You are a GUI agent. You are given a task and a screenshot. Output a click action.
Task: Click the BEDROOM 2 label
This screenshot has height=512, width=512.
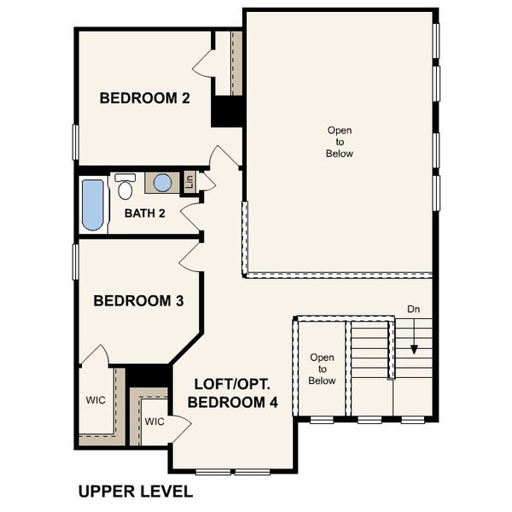click(x=144, y=98)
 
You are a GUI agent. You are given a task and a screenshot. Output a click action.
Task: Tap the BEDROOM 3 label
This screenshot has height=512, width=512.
click(x=137, y=300)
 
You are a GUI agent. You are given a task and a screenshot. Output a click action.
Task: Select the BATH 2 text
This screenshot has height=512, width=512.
click(x=144, y=212)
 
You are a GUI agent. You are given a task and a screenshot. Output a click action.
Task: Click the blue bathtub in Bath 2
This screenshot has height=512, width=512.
click(x=93, y=204)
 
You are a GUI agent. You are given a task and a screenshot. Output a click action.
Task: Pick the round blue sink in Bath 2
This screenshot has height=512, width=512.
click(x=162, y=182)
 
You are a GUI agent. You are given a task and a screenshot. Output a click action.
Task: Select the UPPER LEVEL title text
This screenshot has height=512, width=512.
click(x=135, y=492)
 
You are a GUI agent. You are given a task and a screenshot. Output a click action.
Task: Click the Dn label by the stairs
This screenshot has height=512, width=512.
click(x=413, y=309)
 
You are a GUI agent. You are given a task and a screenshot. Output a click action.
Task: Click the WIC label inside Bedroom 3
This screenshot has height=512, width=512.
click(x=95, y=399)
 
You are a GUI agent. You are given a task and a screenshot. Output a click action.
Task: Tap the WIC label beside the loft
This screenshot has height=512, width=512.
click(x=154, y=422)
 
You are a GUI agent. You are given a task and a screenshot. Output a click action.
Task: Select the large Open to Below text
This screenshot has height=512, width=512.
click(x=339, y=142)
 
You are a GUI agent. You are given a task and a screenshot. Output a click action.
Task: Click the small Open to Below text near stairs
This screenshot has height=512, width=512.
click(x=323, y=369)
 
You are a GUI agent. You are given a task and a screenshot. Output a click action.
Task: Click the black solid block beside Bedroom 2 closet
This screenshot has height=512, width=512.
click(x=228, y=111)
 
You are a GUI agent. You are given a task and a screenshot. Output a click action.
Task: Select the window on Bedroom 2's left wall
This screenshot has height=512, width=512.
click(x=76, y=141)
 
